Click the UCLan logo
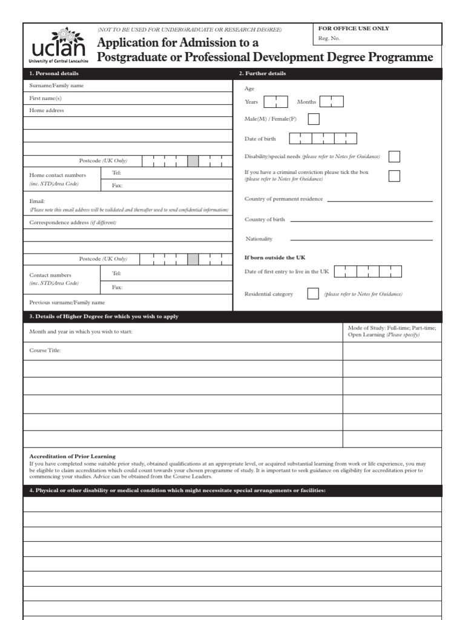58,46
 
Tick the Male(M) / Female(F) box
314,119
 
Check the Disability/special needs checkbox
394,157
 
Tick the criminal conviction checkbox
394,176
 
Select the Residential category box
313,294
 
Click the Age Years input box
275,102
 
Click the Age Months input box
331,102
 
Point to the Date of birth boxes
323,139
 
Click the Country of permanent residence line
380,200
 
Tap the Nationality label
259,239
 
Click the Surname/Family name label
57,86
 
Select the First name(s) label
45,98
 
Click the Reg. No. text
329,39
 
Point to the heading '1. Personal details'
54,74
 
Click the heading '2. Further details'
262,74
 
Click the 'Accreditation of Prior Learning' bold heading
73,456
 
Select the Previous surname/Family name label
67,302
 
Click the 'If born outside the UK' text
275,257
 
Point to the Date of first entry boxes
368,271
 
